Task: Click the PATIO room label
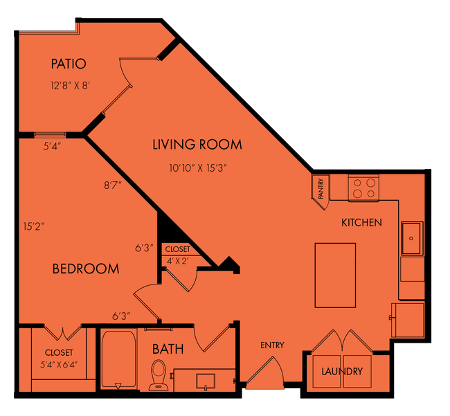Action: tap(69, 64)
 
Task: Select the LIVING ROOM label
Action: tap(197, 145)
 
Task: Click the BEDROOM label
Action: tap(86, 269)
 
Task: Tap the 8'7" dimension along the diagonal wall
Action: tap(114, 185)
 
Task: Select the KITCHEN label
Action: tap(361, 223)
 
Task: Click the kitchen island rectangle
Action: tap(335, 275)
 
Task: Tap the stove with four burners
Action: tap(364, 188)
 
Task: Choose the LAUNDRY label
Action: tap(342, 372)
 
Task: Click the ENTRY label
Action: tap(272, 345)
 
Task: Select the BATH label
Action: tap(168, 348)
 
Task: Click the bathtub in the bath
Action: tap(120, 360)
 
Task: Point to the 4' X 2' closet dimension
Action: tap(177, 261)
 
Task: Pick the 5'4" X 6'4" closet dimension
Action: tap(59, 364)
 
